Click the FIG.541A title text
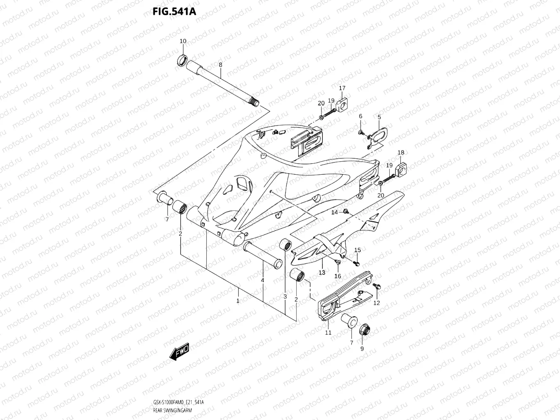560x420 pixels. (174, 11)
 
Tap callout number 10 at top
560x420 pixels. (183, 41)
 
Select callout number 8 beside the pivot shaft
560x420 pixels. (220, 65)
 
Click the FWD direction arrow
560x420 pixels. (179, 352)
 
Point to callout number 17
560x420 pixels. (342, 88)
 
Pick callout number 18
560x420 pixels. (401, 153)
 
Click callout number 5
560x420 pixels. (379, 117)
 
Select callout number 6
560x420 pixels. (361, 116)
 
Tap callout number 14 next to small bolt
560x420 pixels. (334, 212)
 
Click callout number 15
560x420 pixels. (357, 250)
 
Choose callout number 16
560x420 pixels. (338, 276)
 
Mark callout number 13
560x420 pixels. (322, 272)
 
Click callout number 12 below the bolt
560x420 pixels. (376, 303)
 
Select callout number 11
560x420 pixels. (328, 333)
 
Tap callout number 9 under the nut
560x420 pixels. (362, 349)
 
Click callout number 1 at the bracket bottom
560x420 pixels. (238, 301)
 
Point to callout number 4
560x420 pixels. (262, 281)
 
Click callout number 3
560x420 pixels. (285, 296)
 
